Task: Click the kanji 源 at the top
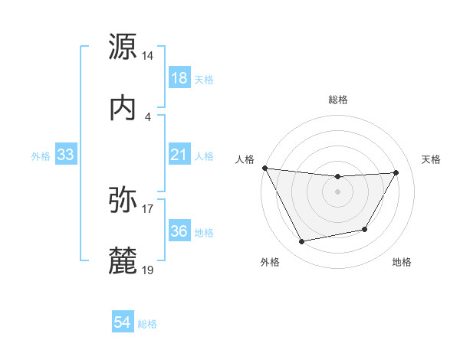123,47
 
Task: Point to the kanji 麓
123,260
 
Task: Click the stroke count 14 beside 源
148,56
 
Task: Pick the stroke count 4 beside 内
148,116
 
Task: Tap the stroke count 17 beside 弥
148,208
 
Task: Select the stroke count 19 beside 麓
148,270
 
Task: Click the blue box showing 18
179,78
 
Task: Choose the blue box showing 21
179,155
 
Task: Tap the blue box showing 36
179,231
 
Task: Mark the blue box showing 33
66,155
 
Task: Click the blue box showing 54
122,323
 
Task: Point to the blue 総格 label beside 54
147,324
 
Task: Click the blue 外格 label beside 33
41,156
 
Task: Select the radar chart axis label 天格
432,159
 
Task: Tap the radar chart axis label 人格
244,159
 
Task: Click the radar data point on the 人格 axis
264,168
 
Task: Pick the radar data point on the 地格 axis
365,229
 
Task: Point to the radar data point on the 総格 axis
337,177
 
